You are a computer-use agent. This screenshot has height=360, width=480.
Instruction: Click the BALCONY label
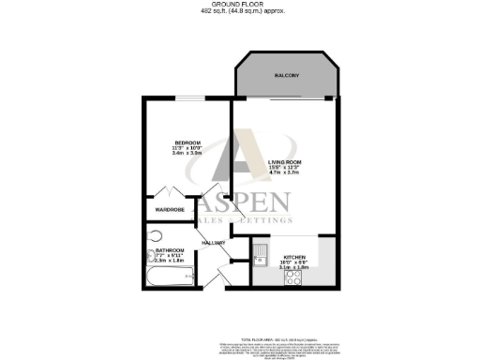click(286, 73)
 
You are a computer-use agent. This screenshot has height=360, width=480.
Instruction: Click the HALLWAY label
click(214, 242)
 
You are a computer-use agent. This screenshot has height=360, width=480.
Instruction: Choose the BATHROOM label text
click(170, 250)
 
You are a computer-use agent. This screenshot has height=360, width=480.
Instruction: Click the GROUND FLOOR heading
click(240, 5)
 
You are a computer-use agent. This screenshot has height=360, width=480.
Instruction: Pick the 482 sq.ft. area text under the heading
click(240, 11)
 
